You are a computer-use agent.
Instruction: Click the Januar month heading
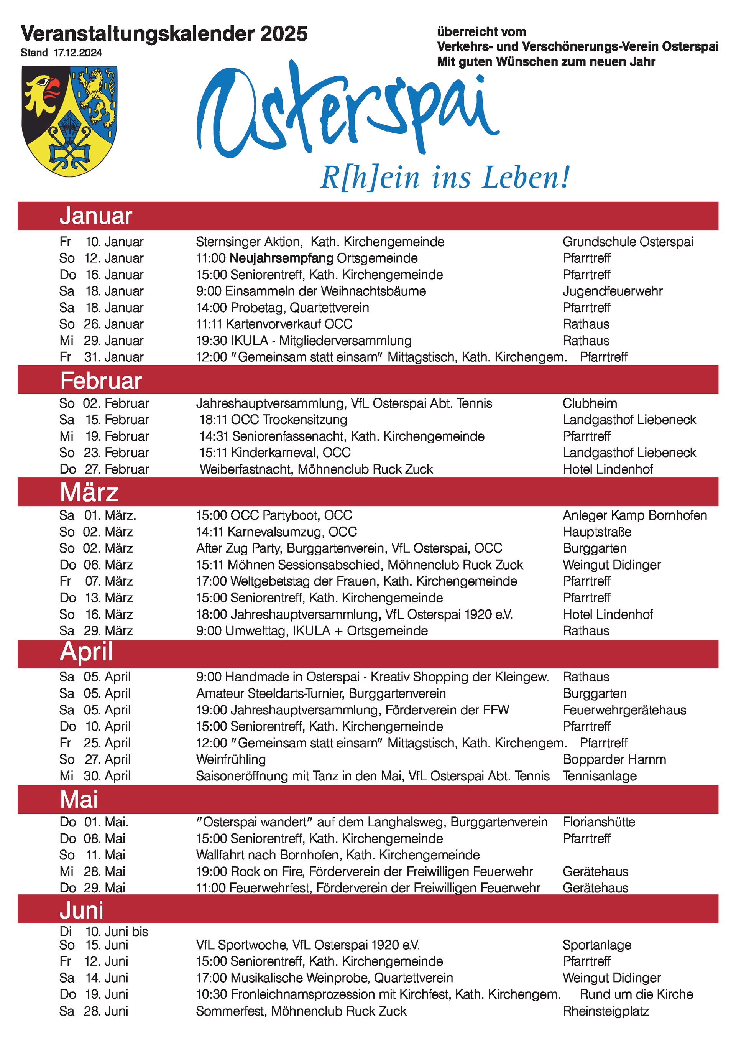(96, 216)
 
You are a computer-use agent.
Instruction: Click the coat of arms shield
(69, 121)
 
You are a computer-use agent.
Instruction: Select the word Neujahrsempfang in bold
(281, 258)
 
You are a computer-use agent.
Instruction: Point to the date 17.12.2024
(77, 53)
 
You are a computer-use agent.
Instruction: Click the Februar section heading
(101, 381)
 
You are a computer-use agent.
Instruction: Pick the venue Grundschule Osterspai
(628, 242)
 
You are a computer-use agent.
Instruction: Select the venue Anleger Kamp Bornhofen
(634, 515)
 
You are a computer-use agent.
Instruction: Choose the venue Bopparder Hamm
(614, 759)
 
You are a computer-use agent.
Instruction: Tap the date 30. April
(107, 776)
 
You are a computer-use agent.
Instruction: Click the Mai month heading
(79, 800)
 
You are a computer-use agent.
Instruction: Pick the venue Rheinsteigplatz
(605, 1011)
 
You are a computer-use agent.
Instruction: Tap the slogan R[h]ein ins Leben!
(445, 178)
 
